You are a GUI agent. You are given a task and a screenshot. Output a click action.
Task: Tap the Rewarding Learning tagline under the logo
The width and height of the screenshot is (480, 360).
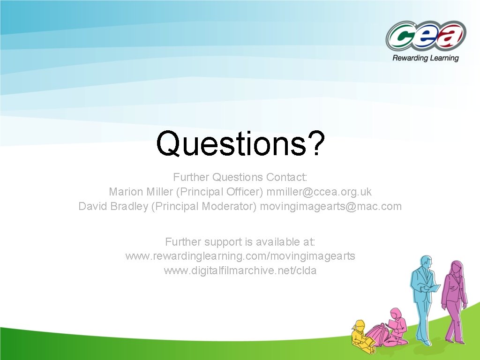click(x=425, y=58)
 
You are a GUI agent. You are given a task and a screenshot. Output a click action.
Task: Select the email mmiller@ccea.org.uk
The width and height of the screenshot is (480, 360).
click(x=319, y=192)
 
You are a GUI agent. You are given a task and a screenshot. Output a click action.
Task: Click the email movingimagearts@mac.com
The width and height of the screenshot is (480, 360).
click(x=331, y=206)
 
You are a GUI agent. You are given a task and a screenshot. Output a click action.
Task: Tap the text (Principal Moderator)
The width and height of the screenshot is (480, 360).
click(x=204, y=206)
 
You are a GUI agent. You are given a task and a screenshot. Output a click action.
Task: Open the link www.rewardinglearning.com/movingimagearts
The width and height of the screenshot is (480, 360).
click(x=240, y=256)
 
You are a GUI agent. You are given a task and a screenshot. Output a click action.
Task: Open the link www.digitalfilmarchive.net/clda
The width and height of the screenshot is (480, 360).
click(x=240, y=270)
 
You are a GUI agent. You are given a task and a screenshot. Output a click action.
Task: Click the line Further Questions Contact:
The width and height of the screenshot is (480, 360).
click(x=240, y=177)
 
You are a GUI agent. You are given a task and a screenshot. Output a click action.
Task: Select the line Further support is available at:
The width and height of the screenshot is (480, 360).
click(x=240, y=242)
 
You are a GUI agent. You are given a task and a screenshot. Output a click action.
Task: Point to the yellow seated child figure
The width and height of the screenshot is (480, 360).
click(x=362, y=335)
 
